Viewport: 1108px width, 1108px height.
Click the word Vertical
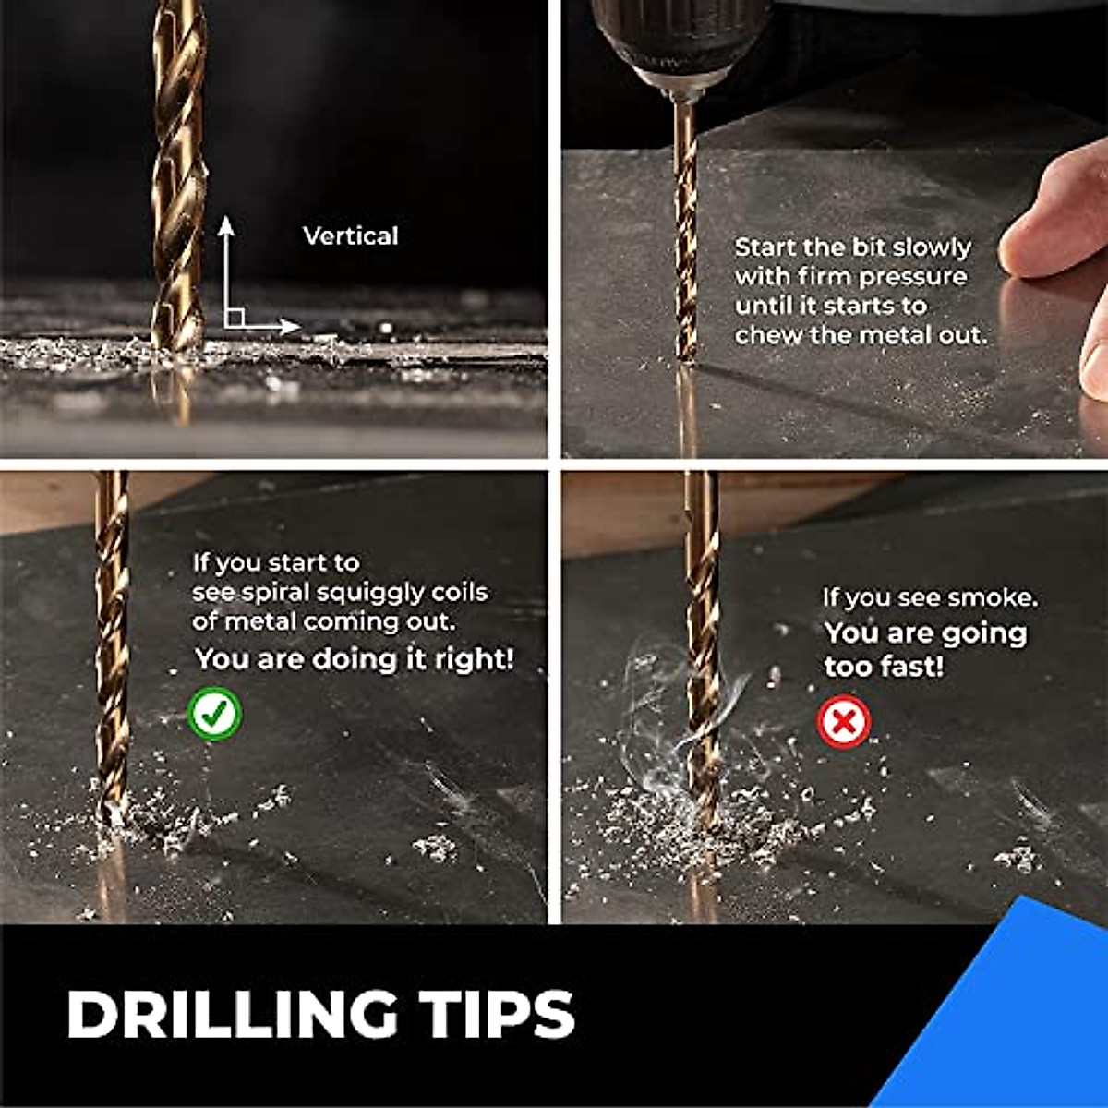point(351,236)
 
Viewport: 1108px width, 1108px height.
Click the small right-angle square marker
point(235,318)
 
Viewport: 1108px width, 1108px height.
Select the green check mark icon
point(215,714)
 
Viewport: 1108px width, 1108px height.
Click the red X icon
point(844,721)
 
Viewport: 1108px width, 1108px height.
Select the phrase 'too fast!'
point(884,667)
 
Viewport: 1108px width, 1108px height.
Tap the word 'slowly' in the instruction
point(932,247)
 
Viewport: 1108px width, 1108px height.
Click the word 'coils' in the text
point(459,592)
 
